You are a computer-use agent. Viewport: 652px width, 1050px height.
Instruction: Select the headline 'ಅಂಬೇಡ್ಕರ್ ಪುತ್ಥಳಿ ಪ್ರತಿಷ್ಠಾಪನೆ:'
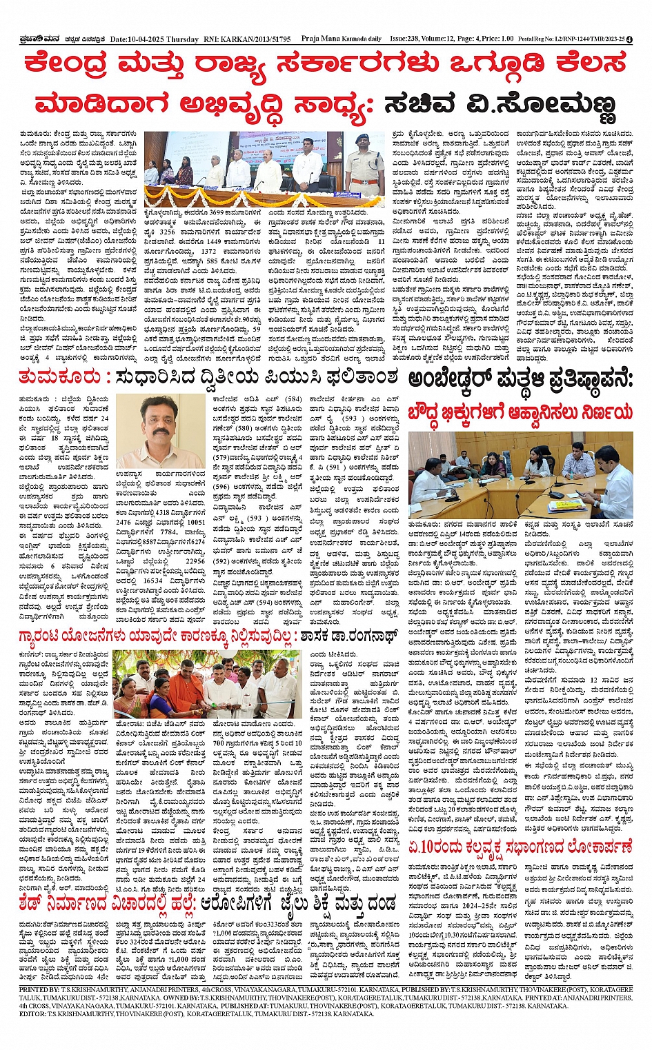519,379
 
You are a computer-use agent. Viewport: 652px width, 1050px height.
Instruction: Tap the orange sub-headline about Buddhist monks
519,412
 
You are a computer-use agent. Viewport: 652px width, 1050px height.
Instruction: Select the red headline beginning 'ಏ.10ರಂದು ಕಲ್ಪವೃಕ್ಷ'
519,846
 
